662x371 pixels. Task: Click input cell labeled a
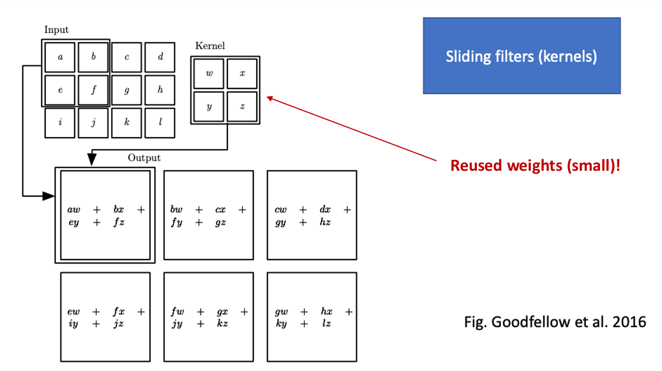click(x=60, y=58)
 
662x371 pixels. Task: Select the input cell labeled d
click(x=160, y=58)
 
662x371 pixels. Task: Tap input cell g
click(x=127, y=90)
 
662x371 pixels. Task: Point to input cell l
click(x=160, y=123)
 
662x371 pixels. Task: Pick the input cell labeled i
click(x=60, y=123)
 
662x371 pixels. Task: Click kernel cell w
click(x=209, y=74)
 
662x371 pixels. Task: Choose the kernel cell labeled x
click(x=242, y=74)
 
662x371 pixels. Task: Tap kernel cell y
click(x=209, y=107)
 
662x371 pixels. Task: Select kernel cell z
click(x=242, y=107)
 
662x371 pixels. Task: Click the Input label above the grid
click(x=56, y=30)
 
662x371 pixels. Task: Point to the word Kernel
click(x=210, y=46)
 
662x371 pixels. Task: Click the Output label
click(x=144, y=158)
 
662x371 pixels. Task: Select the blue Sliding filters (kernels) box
click(x=522, y=56)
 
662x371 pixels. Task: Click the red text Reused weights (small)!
click(x=535, y=166)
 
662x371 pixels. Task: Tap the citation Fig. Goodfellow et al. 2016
click(x=554, y=322)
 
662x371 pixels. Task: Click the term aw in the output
click(x=74, y=210)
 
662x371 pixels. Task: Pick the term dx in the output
click(x=325, y=210)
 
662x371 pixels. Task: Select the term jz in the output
click(x=118, y=324)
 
